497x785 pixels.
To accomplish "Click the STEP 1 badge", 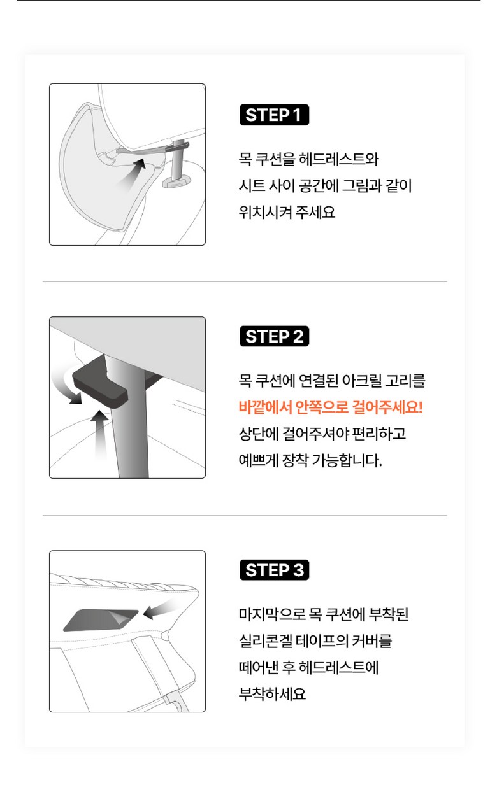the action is [274, 115].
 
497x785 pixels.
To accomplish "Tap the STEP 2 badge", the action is [274, 336].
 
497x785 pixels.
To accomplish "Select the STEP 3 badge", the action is [274, 570].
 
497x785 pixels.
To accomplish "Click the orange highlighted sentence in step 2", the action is [331, 407].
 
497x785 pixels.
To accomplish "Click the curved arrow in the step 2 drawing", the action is [67, 384].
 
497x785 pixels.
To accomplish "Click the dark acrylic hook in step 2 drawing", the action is [100, 383].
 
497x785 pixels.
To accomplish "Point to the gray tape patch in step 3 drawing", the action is [101, 620].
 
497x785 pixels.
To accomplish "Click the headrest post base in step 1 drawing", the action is [176, 183].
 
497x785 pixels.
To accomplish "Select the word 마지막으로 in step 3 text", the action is [272, 614].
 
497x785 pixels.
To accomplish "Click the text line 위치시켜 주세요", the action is [287, 212].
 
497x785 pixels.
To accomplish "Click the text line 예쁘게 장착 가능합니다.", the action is [310, 460].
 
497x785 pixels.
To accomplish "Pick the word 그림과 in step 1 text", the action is [362, 185].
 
